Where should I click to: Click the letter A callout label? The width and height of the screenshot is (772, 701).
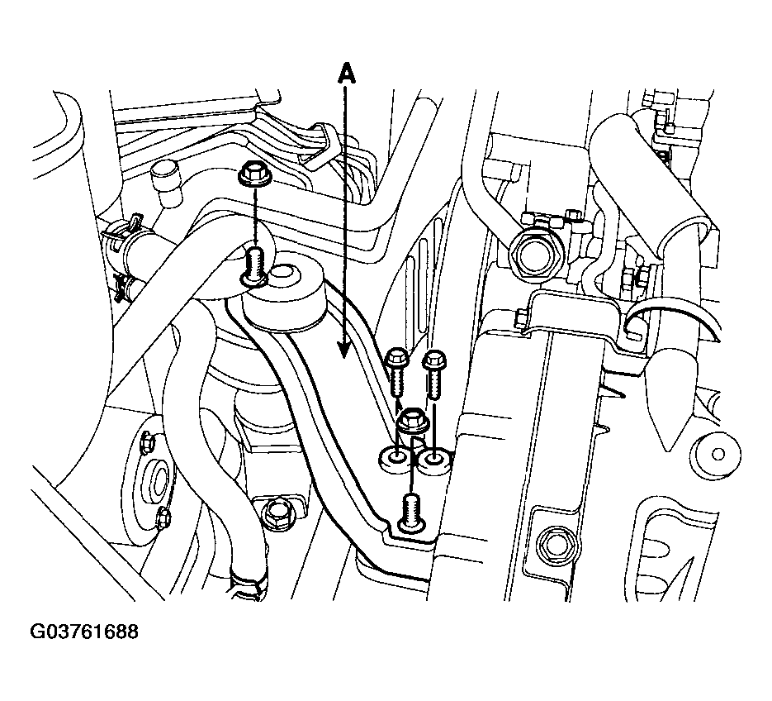(x=347, y=74)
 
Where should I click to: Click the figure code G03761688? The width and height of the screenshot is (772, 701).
(x=84, y=632)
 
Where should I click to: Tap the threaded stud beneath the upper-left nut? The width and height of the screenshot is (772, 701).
(x=254, y=267)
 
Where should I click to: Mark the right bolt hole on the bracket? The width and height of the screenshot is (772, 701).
(x=434, y=460)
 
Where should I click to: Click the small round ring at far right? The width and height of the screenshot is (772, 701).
(x=718, y=454)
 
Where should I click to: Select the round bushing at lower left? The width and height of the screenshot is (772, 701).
(x=158, y=479)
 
